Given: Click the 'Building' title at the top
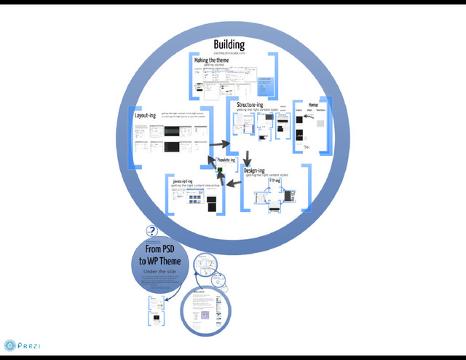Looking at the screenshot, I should click(229, 45).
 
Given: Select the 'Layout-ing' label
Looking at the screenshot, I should click(145, 115).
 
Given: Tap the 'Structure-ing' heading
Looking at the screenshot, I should click(250, 106).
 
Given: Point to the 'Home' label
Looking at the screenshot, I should click(313, 105).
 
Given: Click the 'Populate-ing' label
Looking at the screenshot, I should click(226, 160).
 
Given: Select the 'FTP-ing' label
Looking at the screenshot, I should click(275, 181).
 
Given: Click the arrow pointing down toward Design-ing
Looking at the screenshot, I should click(247, 157).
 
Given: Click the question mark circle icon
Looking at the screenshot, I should click(151, 232).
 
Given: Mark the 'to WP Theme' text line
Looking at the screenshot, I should click(159, 261).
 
